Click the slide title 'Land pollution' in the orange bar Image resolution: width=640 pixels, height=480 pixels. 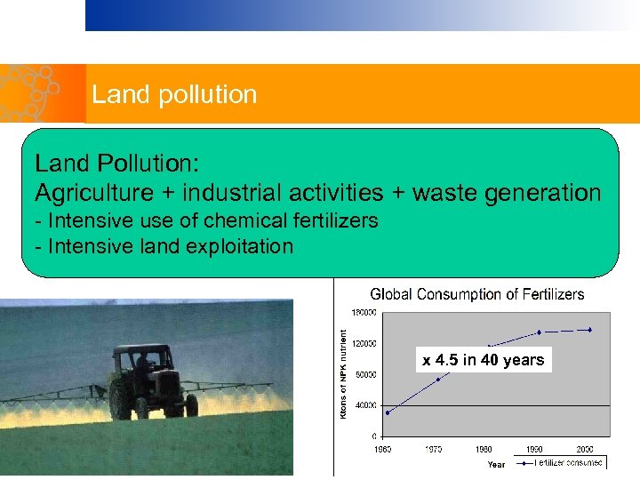tap(174, 94)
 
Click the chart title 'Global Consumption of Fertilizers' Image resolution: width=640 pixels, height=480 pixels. tap(477, 294)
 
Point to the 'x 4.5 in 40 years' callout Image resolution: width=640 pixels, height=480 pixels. tap(484, 360)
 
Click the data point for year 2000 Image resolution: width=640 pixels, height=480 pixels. tap(589, 330)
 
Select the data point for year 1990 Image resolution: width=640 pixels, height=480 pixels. tap(539, 332)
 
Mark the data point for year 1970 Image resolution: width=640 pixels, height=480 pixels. tap(437, 380)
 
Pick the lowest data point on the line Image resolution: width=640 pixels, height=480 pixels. tap(387, 412)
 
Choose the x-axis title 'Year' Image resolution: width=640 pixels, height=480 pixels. tap(496, 464)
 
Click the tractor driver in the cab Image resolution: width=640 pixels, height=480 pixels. tap(141, 365)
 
